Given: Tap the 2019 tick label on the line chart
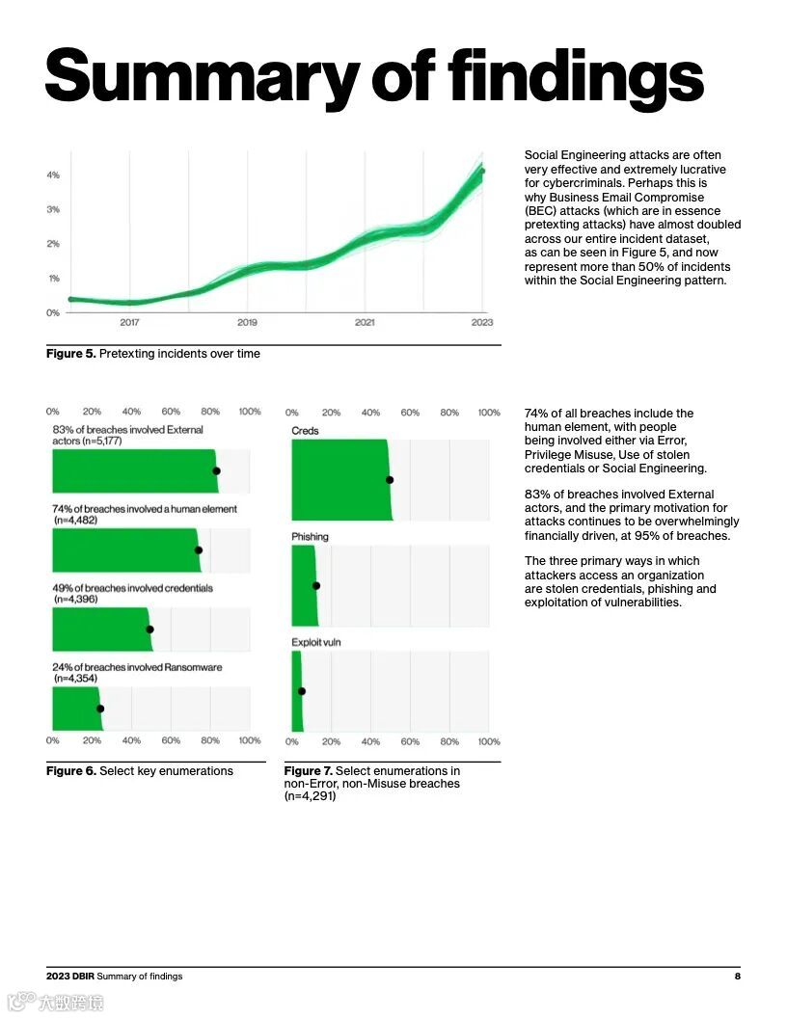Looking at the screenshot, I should coord(247,322).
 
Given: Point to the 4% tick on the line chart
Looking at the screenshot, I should coord(54,175).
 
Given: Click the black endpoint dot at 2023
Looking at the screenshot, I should coord(482,172).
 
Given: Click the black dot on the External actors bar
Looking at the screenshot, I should coord(216,471).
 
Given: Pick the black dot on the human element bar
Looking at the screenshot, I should coord(199,550).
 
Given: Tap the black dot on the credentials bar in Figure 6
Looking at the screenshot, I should coord(149,630).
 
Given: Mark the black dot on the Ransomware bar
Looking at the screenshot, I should coord(100,709).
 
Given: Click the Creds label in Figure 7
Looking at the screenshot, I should coord(305,431).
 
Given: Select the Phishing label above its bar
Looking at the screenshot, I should coord(310,537).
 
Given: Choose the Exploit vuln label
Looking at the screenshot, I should coord(316,642).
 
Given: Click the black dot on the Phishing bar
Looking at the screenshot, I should coord(316,585).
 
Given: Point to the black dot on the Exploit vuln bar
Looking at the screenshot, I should coord(302,691).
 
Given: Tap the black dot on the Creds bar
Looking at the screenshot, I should coord(390,480).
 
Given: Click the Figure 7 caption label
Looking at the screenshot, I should coord(308,771).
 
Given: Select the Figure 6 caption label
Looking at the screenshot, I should coord(71,771).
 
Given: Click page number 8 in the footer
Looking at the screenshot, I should coord(737,977).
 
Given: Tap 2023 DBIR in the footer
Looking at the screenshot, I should coord(69,977).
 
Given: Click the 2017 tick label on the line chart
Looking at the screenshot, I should coord(129,322).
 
